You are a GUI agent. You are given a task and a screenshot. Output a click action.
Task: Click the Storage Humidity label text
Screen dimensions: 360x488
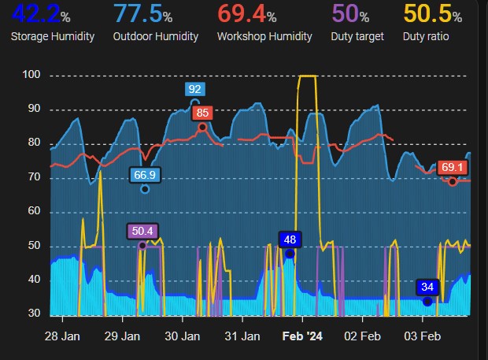click(53, 36)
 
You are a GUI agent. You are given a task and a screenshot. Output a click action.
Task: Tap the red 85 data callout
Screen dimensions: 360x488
click(202, 113)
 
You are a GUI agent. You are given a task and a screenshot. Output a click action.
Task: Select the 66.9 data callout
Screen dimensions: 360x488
click(145, 175)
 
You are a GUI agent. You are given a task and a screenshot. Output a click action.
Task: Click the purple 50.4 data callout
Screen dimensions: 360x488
click(142, 232)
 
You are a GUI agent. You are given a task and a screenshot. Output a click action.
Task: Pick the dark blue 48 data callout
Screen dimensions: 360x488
click(290, 239)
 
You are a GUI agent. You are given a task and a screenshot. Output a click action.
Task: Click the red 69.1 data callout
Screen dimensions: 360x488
click(452, 168)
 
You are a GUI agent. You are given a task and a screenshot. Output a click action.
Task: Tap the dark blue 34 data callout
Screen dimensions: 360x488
click(427, 287)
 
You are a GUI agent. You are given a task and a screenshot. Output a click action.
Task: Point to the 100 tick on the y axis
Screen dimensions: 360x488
click(31, 76)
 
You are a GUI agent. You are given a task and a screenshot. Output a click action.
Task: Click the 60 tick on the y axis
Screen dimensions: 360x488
click(35, 212)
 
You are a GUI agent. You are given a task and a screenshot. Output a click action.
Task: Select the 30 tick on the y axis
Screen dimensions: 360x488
click(35, 314)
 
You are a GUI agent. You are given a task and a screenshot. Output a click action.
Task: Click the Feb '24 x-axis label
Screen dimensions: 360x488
click(303, 336)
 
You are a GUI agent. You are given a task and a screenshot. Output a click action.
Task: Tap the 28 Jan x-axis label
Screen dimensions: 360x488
click(61, 336)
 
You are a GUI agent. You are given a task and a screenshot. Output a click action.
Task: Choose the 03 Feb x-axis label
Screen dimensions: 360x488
click(423, 336)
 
